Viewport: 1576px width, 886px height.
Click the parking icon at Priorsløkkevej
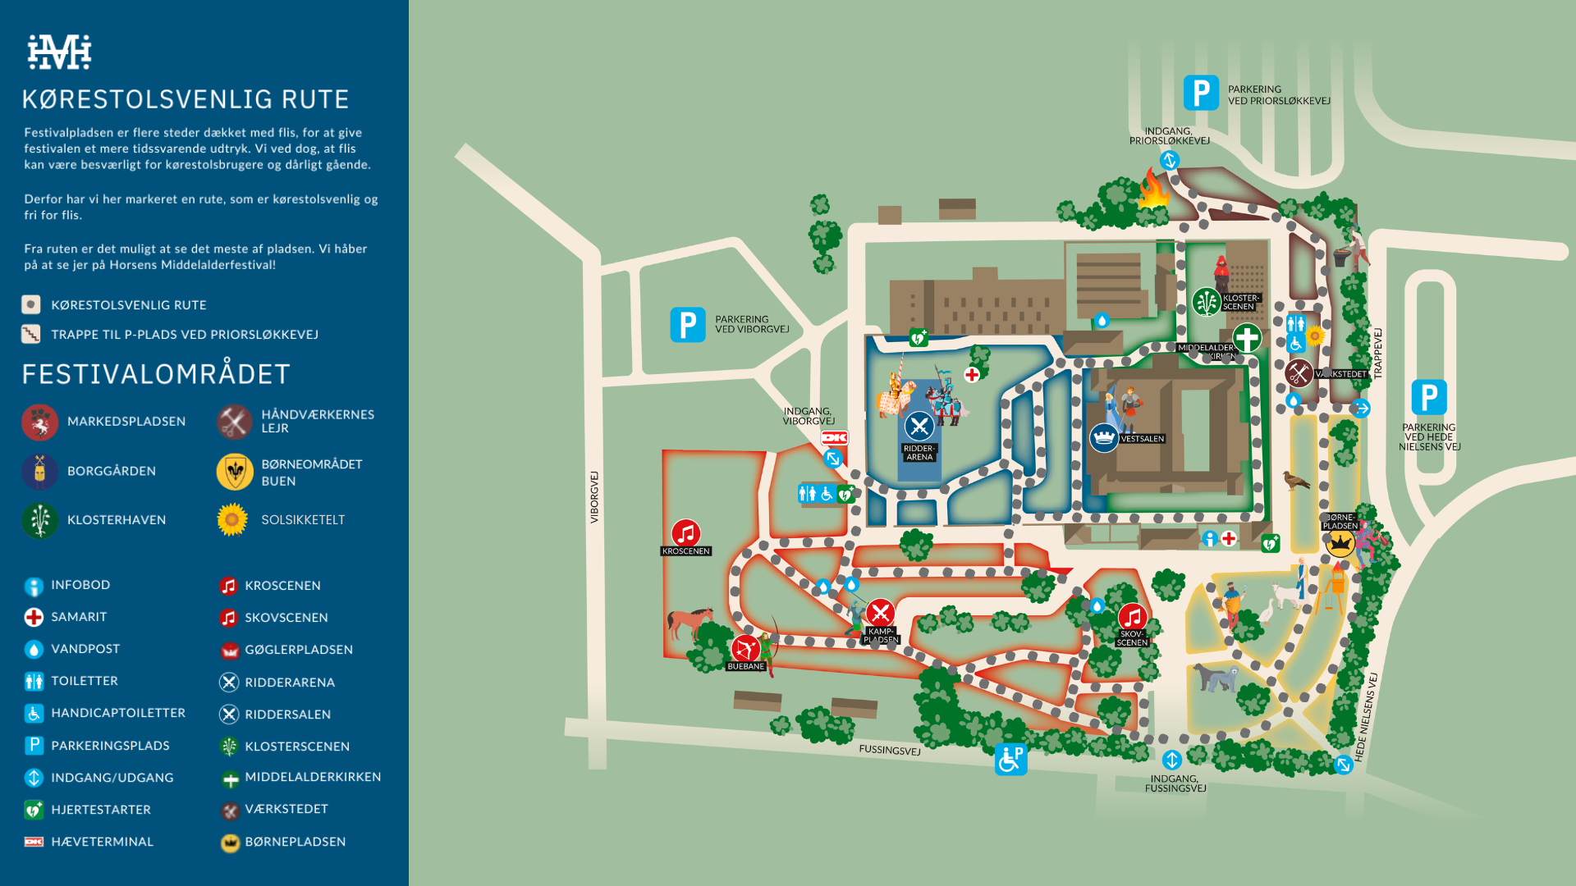1201,93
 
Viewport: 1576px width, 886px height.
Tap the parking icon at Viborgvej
688,325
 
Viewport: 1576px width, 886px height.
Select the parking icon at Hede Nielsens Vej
1428,397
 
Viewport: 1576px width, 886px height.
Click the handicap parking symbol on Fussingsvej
1010,759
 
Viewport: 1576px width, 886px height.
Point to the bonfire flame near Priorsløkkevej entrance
1153,190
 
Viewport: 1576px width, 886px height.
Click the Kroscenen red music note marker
686,534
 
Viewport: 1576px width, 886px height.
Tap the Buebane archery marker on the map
745,649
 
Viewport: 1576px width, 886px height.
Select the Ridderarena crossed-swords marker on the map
919,426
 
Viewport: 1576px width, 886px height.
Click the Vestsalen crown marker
1104,438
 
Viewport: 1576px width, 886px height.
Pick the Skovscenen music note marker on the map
1133,617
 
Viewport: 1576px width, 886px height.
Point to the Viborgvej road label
594,497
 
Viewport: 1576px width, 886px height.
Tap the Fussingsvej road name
890,750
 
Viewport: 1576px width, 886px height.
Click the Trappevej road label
1378,353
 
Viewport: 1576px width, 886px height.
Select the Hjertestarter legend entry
101,810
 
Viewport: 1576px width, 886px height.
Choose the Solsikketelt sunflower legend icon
232,520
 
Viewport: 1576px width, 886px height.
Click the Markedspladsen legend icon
39,422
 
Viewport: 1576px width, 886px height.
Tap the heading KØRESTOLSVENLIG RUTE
186,99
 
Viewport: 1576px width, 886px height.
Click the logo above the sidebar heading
59,52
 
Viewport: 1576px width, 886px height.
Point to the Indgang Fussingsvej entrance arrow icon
1172,760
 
